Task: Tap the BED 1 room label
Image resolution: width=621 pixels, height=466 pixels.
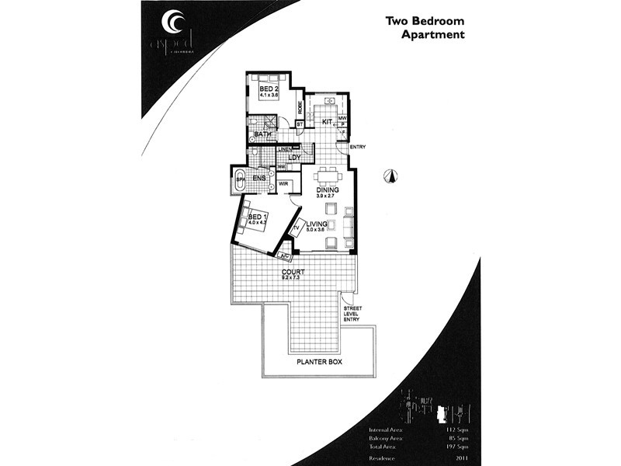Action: pyautogui.click(x=257, y=217)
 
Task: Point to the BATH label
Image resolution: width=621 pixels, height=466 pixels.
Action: pyautogui.click(x=263, y=135)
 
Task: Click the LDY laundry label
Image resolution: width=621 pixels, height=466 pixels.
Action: pyautogui.click(x=294, y=158)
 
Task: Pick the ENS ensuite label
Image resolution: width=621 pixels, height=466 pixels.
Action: pyautogui.click(x=259, y=179)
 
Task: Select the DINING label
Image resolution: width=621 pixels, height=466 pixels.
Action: pyautogui.click(x=329, y=190)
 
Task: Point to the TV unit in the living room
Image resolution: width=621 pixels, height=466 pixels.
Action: pyautogui.click(x=295, y=229)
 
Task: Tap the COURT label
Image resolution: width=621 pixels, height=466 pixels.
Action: pyautogui.click(x=293, y=272)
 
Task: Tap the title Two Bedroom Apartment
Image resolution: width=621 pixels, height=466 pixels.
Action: pyautogui.click(x=425, y=29)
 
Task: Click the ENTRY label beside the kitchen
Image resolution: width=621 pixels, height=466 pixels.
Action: pyautogui.click(x=357, y=148)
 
